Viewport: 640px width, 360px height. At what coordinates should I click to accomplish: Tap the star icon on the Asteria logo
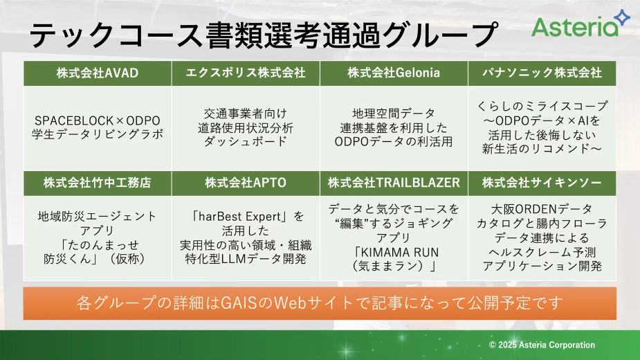(623, 17)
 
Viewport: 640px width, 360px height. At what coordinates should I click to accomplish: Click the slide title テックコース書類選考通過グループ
(264, 35)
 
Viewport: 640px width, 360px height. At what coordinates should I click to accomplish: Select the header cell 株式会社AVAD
(98, 73)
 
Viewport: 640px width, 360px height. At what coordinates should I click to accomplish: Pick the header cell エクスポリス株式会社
(246, 73)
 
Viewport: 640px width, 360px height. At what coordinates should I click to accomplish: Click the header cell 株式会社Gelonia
(394, 73)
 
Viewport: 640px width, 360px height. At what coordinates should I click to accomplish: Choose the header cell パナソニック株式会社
(542, 73)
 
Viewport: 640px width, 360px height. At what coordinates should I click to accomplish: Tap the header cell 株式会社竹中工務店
(98, 183)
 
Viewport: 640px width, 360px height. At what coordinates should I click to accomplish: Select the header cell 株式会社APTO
(246, 183)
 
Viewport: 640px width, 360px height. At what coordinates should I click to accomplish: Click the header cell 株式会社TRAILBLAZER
(394, 183)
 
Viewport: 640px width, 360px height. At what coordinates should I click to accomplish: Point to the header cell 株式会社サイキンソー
(542, 183)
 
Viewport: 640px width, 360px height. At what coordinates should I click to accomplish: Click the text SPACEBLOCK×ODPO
(98, 121)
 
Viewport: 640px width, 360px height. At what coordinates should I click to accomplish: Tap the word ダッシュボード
(246, 142)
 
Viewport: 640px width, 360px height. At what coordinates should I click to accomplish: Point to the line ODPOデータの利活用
(394, 142)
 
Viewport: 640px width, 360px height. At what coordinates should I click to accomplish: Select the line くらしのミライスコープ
(542, 106)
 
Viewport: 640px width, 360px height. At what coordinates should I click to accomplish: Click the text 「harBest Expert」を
(246, 216)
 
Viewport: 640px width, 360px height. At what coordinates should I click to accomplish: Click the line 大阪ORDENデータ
(542, 209)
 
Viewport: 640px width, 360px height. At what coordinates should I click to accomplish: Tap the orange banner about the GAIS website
(320, 303)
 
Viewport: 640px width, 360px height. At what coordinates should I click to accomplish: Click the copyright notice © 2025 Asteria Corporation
(542, 345)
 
